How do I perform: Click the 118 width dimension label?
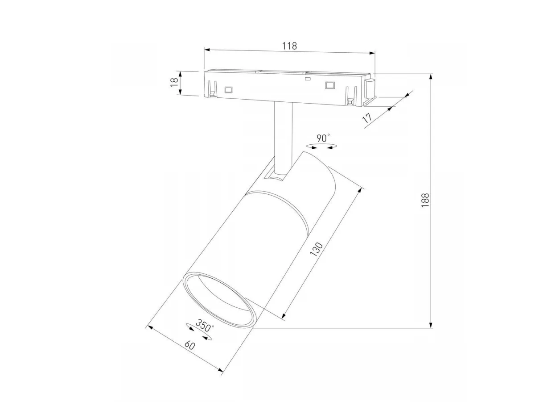pos(289,46)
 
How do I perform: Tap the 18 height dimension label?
pos(174,83)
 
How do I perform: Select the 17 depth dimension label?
pos(367,118)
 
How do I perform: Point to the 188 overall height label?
pos(424,200)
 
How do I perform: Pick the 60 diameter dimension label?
pos(189,345)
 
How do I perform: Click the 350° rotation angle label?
pos(205,325)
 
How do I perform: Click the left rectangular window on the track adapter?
pos(228,90)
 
